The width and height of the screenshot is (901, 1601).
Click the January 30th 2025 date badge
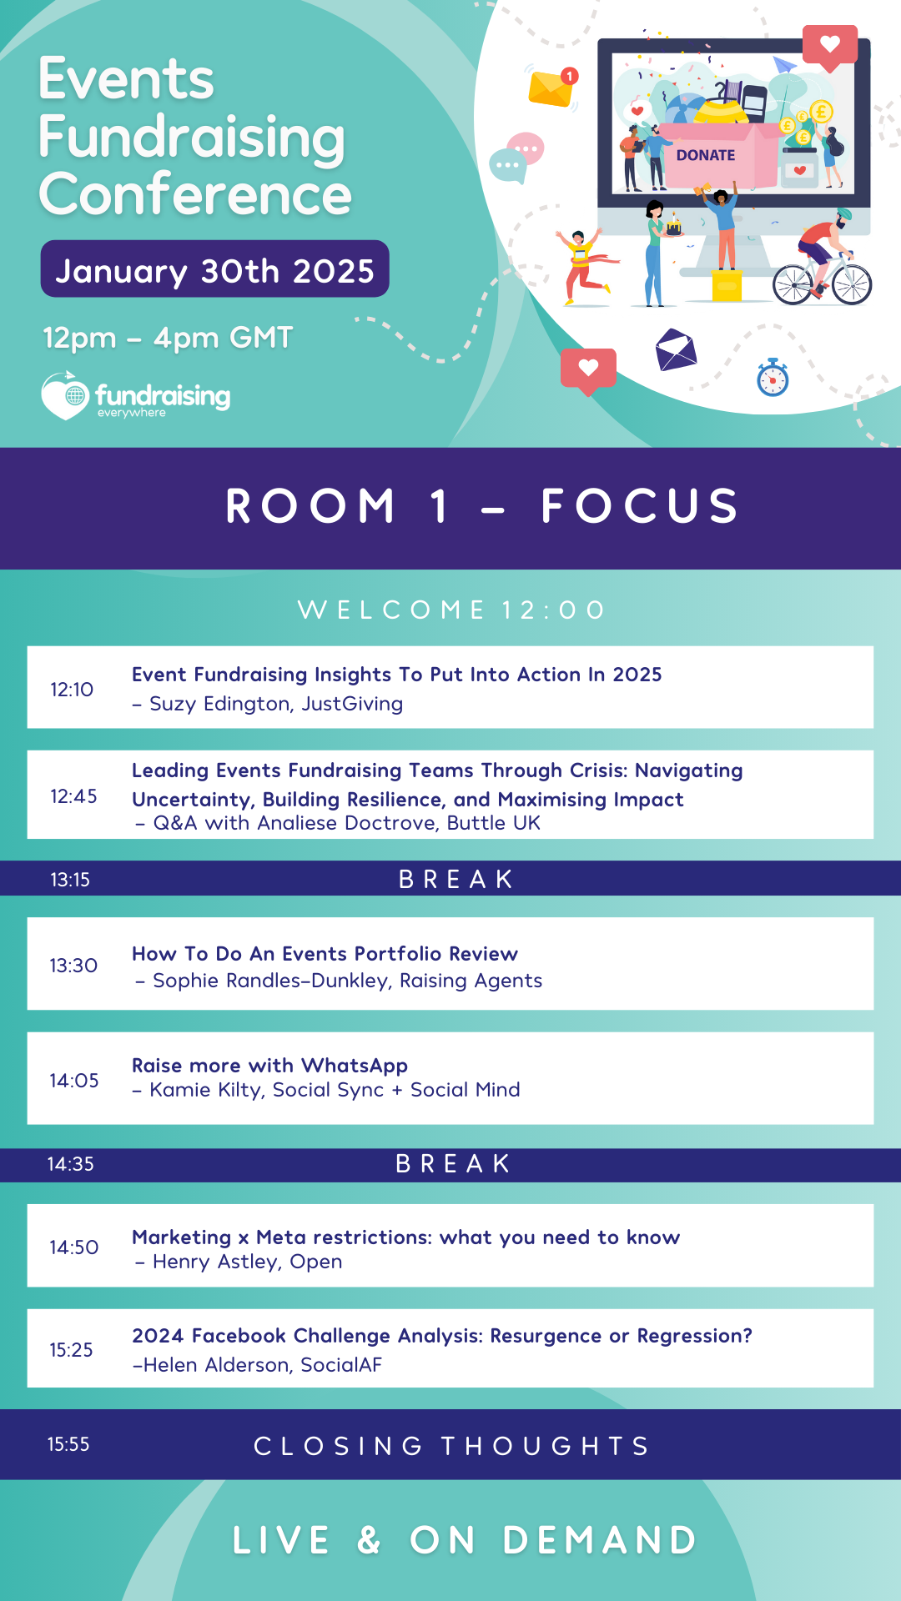coord(214,269)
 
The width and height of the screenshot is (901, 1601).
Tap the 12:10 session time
coord(72,690)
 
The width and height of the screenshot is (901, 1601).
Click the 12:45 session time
coord(73,796)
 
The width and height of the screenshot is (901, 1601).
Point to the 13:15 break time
coord(70,880)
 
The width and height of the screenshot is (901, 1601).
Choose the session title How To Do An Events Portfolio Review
coord(325,953)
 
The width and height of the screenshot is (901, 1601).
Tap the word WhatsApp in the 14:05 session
coord(355,1066)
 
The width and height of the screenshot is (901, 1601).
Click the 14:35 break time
coord(70,1164)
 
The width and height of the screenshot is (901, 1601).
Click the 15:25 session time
coord(71,1350)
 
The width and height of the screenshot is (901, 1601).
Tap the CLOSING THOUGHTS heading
coord(451,1446)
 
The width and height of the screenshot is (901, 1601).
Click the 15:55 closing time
coord(68,1444)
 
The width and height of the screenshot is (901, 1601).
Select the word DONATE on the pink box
coord(706,155)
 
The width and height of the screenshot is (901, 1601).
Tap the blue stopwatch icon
coord(773,378)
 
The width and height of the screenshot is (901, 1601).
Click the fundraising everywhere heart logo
coord(65,395)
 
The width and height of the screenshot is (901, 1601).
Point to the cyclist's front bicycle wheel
coord(852,284)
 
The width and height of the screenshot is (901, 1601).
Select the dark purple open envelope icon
coord(676,349)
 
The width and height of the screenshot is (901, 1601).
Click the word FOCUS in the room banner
coord(640,506)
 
